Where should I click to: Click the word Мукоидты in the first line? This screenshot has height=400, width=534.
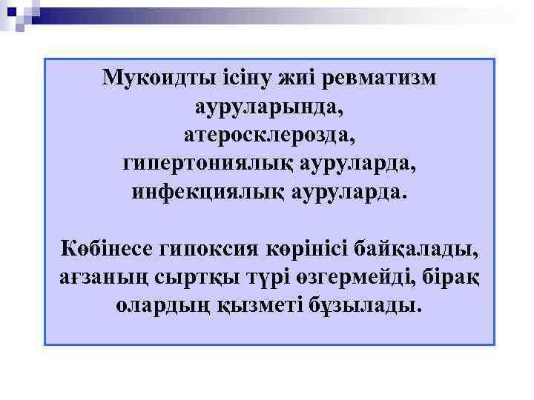coord(158,78)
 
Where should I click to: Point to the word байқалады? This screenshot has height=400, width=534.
coord(416,249)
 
